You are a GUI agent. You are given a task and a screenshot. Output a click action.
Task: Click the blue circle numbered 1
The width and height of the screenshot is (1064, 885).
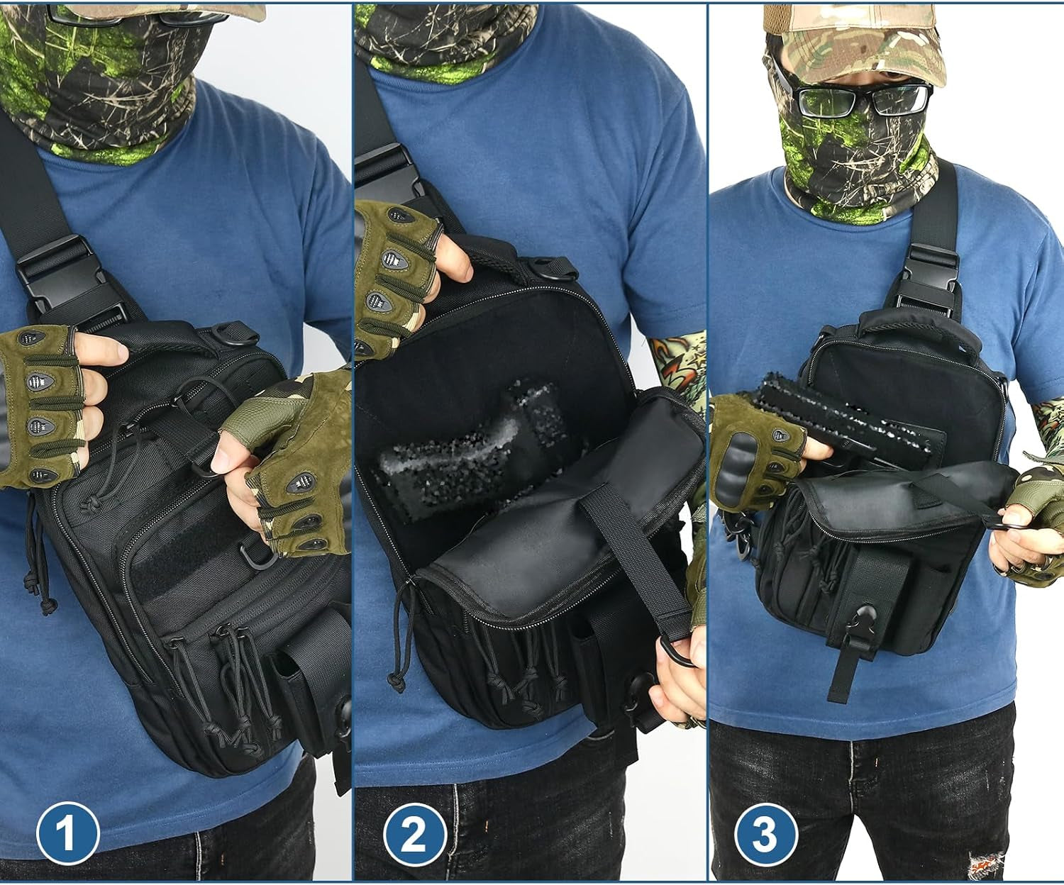click(x=67, y=834)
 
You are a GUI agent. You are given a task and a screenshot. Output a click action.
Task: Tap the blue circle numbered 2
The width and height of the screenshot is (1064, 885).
click(x=414, y=834)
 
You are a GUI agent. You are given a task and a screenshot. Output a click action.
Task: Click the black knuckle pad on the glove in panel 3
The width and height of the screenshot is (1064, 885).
click(x=733, y=461)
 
